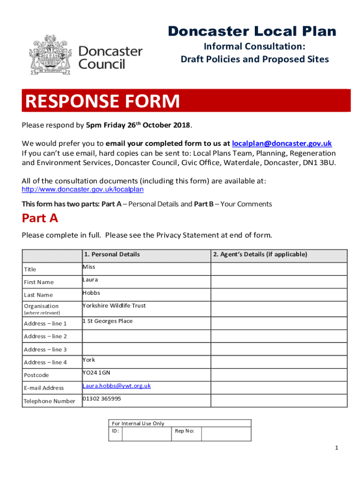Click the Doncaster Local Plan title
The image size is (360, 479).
click(252, 31)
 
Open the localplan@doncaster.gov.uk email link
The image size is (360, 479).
click(281, 143)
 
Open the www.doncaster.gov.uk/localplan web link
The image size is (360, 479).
click(83, 189)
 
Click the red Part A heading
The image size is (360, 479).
click(40, 218)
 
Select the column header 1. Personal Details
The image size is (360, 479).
click(112, 254)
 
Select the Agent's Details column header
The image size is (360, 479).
click(260, 254)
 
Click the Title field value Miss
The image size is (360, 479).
click(89, 267)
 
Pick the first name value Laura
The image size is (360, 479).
click(90, 280)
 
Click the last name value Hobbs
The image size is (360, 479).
click(91, 293)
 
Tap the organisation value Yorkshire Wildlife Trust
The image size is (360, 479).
click(114, 305)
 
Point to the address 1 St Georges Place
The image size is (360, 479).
click(108, 321)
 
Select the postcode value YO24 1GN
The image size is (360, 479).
click(96, 372)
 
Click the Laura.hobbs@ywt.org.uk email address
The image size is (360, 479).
click(116, 386)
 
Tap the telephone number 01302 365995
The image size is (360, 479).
click(101, 399)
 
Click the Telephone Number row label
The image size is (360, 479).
click(50, 401)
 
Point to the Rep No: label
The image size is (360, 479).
click(185, 431)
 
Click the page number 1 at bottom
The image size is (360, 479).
click(336, 448)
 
